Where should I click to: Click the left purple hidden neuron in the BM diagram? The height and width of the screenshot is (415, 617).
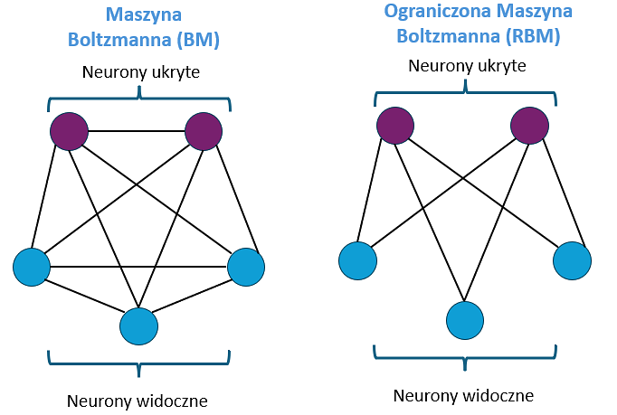coord(69,132)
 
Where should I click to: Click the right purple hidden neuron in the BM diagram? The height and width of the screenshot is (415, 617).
coord(204,132)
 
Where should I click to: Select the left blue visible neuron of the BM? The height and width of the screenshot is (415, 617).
coord(32,267)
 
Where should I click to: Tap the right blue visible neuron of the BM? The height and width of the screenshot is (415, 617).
coord(245,267)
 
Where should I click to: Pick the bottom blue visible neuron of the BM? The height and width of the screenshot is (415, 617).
coord(139,325)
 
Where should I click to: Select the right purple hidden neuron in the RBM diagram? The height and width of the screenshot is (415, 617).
coord(529,126)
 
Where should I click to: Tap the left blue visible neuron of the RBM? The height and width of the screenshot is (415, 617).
coord(357,260)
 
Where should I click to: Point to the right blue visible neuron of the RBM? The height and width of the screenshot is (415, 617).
coord(572,260)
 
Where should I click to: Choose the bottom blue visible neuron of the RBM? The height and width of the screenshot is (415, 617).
coord(465,319)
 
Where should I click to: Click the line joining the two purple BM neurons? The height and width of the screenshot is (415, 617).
coord(136,132)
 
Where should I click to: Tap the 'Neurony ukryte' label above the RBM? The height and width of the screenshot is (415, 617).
coord(467,66)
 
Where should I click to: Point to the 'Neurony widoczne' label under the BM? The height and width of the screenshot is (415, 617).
coord(138,400)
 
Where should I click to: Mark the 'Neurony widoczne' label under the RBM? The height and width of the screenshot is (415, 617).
coord(464,395)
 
